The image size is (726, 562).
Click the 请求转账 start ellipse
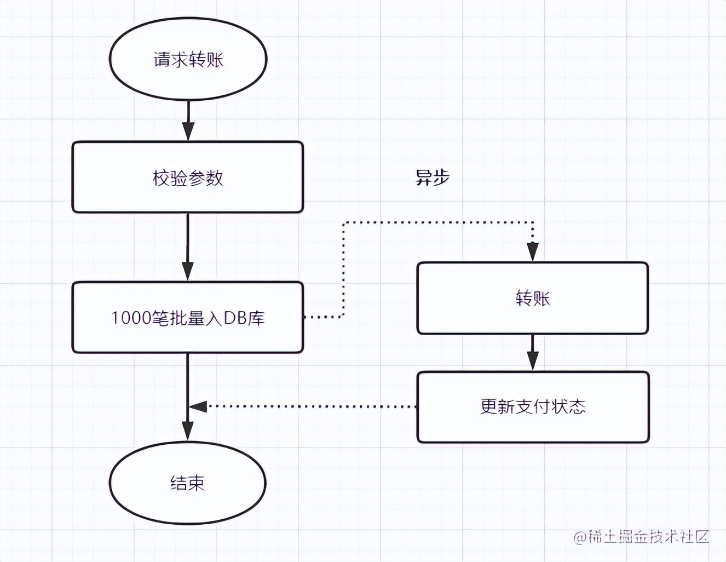pyautogui.click(x=188, y=59)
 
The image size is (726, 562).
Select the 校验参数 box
pyautogui.click(x=187, y=177)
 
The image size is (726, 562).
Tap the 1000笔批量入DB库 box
pyautogui.click(x=187, y=318)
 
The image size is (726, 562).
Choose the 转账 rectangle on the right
pyautogui.click(x=532, y=298)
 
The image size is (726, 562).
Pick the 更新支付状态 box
pyautogui.click(x=533, y=407)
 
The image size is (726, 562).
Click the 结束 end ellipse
pyautogui.click(x=187, y=483)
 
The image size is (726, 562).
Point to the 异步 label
pyautogui.click(x=432, y=177)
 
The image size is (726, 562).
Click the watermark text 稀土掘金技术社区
pyautogui.click(x=648, y=537)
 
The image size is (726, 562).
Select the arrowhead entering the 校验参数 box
pyautogui.click(x=188, y=131)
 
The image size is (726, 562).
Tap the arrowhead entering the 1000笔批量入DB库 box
pyautogui.click(x=188, y=271)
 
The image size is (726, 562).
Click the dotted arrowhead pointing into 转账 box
pyautogui.click(x=532, y=252)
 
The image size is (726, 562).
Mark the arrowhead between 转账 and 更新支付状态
pyautogui.click(x=532, y=361)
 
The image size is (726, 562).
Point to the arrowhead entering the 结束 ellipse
pyautogui.click(x=188, y=431)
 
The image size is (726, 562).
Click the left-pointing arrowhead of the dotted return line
pyautogui.click(x=197, y=406)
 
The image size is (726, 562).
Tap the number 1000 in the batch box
pyautogui.click(x=128, y=318)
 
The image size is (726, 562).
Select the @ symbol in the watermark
pyautogui.click(x=579, y=537)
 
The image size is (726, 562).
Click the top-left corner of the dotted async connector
pyautogui.click(x=344, y=223)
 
